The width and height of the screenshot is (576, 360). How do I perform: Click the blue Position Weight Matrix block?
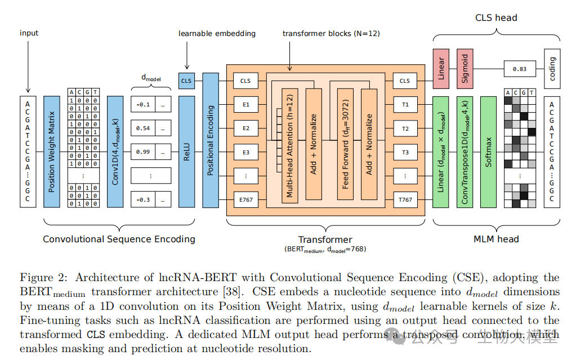(51, 152)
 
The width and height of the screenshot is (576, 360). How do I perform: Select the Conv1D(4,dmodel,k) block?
(115, 152)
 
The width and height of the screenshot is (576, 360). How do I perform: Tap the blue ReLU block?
(186, 152)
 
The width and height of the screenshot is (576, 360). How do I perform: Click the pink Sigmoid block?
(465, 69)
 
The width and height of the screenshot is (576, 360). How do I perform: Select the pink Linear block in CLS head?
(441, 69)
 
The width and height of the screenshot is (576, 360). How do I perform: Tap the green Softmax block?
(488, 152)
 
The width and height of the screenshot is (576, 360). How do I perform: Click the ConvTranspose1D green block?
(465, 152)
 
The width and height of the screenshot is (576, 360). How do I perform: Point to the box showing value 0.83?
(519, 69)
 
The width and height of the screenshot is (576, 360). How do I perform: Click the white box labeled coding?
(552, 69)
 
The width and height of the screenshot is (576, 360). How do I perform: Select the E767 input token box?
(245, 199)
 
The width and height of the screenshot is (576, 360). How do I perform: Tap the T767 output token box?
(405, 199)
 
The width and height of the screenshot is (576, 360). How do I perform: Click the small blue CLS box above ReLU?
(186, 81)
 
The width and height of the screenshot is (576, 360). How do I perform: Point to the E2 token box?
(245, 128)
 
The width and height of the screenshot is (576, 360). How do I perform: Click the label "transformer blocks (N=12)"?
(331, 34)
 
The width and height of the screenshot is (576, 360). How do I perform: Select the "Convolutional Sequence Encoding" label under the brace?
(119, 239)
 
